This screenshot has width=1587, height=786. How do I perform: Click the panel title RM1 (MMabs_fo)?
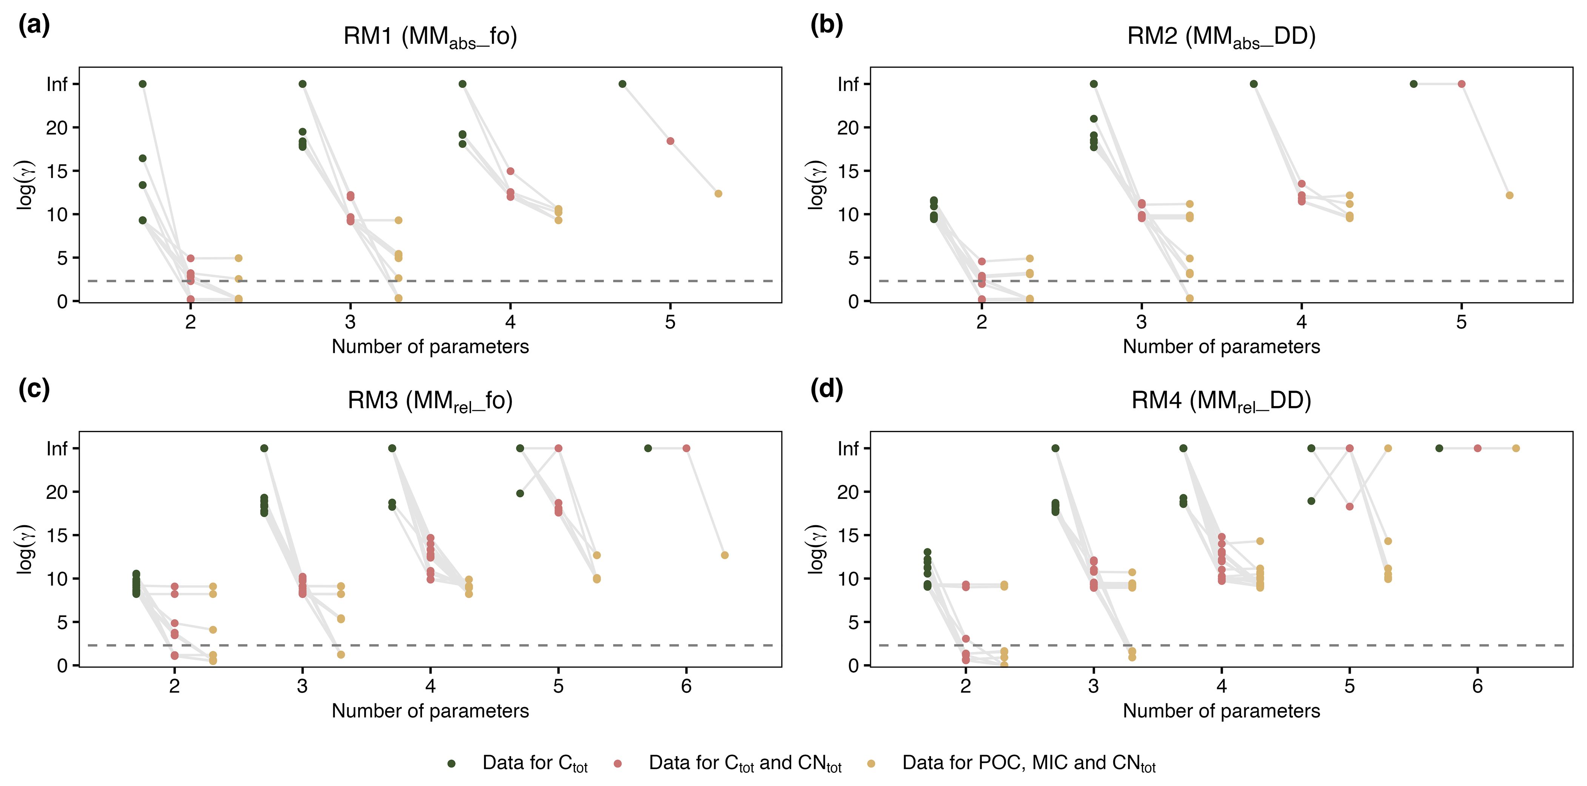click(430, 37)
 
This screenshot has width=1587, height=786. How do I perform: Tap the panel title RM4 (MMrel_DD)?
click(1221, 401)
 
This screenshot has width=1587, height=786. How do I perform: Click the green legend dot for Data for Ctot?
click(451, 763)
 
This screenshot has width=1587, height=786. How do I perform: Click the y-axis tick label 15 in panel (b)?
click(848, 171)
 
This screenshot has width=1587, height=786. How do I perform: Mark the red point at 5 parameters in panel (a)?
click(670, 141)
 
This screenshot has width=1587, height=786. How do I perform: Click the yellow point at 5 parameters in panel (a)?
click(718, 194)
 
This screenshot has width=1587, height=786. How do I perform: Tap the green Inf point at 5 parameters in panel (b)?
click(1413, 84)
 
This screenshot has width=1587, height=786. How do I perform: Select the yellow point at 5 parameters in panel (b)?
click(1509, 195)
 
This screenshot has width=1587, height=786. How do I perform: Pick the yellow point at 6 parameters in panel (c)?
click(724, 555)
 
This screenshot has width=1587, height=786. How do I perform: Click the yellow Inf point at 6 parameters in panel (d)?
click(1516, 448)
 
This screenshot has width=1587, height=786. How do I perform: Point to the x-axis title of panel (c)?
click(430, 711)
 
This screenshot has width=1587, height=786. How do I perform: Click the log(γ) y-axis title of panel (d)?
click(817, 549)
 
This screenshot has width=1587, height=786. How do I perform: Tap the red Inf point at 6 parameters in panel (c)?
click(686, 448)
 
